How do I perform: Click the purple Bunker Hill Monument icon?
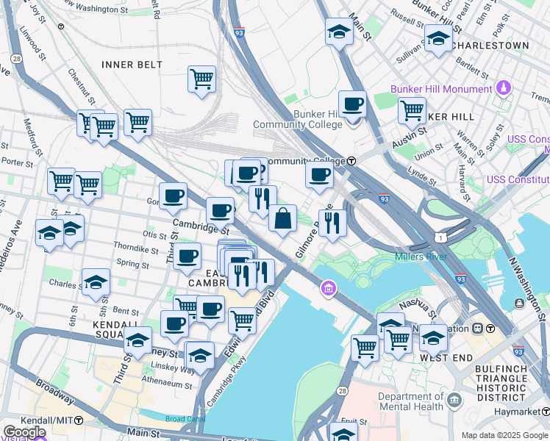pyautogui.click(x=503, y=89)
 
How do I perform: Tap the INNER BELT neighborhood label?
pyautogui.click(x=132, y=65)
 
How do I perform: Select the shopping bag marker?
pyautogui.click(x=282, y=218)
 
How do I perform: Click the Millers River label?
pyautogui.click(x=421, y=257)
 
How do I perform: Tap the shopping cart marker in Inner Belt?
pyautogui.click(x=201, y=79)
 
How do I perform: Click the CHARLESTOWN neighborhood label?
pyautogui.click(x=490, y=46)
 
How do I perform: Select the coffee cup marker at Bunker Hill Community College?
pyautogui.click(x=352, y=104)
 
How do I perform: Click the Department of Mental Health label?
pyautogui.click(x=410, y=401)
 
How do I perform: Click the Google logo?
pyautogui.click(x=24, y=432)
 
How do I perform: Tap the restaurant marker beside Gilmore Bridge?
pyautogui.click(x=332, y=221)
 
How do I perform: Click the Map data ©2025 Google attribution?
pyautogui.click(x=504, y=435)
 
